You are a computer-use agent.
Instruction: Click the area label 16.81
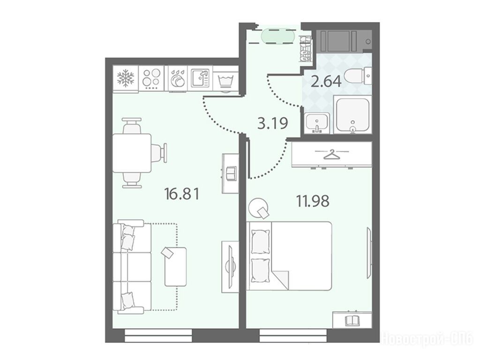[x=182, y=194]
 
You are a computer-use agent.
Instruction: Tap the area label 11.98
[x=313, y=201]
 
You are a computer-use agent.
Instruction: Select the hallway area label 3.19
[x=273, y=123]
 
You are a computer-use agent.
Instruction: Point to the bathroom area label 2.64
[x=326, y=82]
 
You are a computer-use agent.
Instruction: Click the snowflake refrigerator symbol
[x=126, y=78]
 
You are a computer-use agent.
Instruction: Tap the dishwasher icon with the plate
[x=177, y=79]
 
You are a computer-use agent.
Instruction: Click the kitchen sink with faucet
[x=200, y=78]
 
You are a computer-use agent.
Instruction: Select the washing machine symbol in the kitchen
[x=225, y=82]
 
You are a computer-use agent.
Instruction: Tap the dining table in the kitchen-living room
[x=132, y=153]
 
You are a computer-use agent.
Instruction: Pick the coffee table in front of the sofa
[x=176, y=267]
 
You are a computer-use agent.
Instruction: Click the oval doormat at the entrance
[x=278, y=37]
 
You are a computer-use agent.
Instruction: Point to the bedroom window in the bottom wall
[x=293, y=336]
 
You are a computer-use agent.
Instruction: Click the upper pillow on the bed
[x=261, y=241]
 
